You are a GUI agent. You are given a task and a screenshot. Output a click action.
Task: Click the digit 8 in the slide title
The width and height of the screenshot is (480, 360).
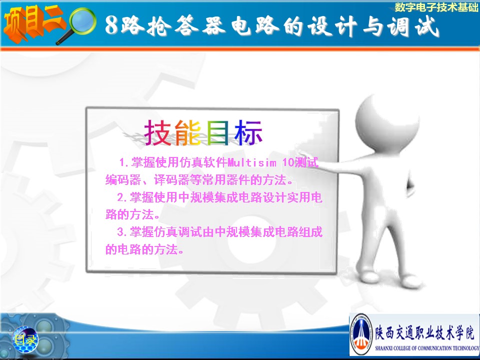111,25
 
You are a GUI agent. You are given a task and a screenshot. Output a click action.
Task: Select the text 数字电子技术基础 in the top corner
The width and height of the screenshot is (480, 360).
436,7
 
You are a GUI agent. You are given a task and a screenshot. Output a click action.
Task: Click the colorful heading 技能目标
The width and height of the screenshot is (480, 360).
203,132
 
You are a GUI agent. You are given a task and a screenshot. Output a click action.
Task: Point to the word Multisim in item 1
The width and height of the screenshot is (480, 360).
251,162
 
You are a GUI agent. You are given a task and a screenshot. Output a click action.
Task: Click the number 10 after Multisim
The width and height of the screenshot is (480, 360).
288,162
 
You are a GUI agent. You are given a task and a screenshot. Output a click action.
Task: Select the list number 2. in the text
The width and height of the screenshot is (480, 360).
122,197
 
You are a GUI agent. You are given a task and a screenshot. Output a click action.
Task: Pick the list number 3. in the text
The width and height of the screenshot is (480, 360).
122,232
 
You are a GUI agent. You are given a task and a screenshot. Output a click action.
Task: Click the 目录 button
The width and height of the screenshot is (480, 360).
25,339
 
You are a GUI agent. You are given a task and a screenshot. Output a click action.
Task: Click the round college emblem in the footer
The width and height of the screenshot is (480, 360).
361,334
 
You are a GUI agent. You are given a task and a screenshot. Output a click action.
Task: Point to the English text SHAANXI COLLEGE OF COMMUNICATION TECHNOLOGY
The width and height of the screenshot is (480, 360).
427,348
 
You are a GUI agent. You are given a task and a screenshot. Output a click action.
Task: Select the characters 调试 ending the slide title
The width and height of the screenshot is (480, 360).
413,25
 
